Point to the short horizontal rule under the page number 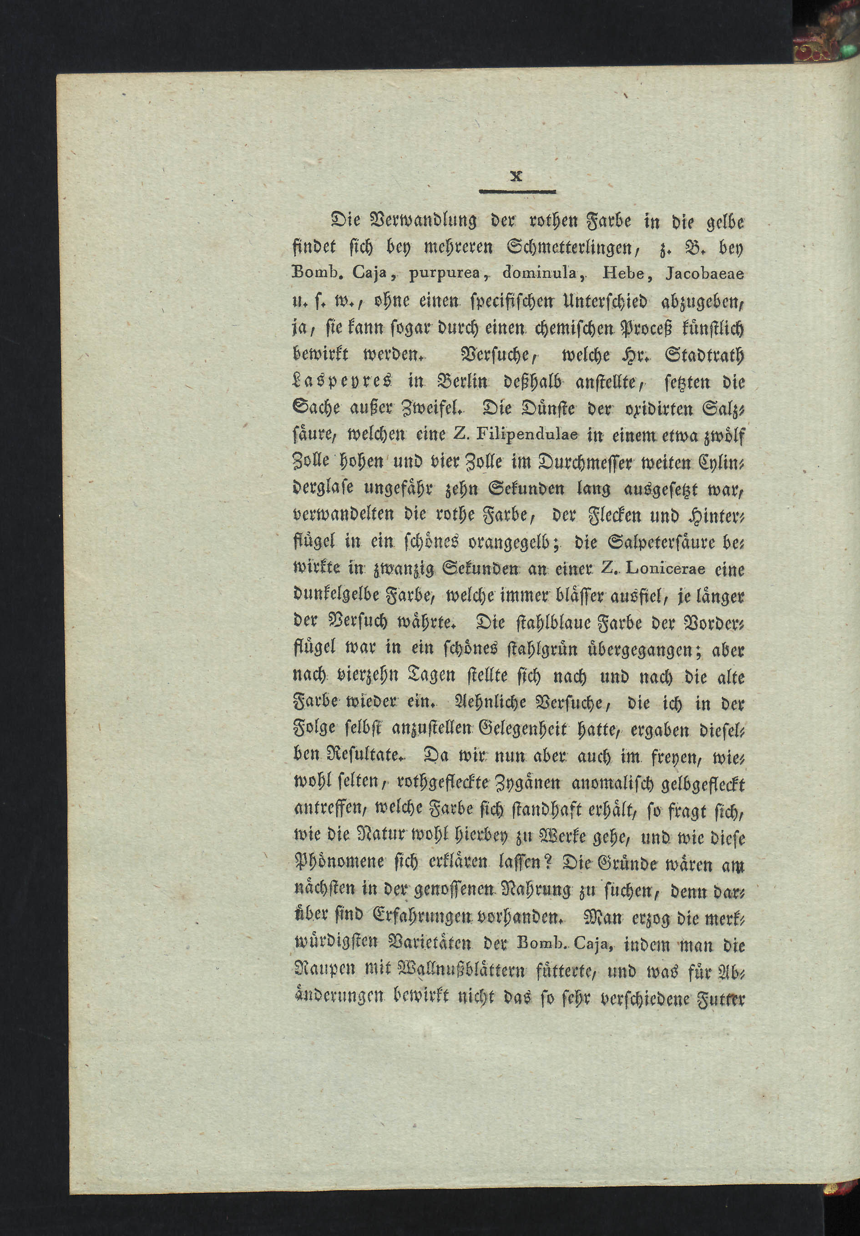[517, 192]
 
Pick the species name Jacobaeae [705, 275]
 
